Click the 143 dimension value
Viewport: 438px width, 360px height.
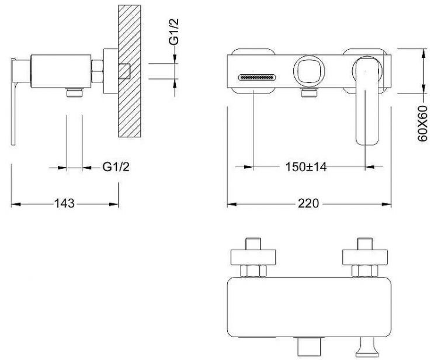[64, 203]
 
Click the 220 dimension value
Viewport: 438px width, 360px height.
[308, 203]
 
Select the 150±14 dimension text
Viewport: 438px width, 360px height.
[306, 167]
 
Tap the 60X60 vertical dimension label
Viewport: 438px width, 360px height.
[423, 123]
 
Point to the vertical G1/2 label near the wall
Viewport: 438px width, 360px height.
[174, 32]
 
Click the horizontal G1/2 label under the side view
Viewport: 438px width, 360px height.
[116, 167]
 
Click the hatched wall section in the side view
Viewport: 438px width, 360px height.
[129, 71]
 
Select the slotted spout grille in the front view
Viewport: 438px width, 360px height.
[257, 77]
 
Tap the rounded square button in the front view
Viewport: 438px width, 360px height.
[306, 71]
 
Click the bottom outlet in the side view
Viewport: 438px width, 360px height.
[75, 92]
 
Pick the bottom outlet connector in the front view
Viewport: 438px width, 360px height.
[310, 92]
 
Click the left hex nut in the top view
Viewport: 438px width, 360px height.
[253, 271]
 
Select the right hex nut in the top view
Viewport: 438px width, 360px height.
[365, 271]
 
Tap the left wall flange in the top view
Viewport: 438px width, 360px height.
[253, 257]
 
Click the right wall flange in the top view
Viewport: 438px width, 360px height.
[365, 257]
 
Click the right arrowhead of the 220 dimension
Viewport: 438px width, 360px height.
[387, 204]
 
